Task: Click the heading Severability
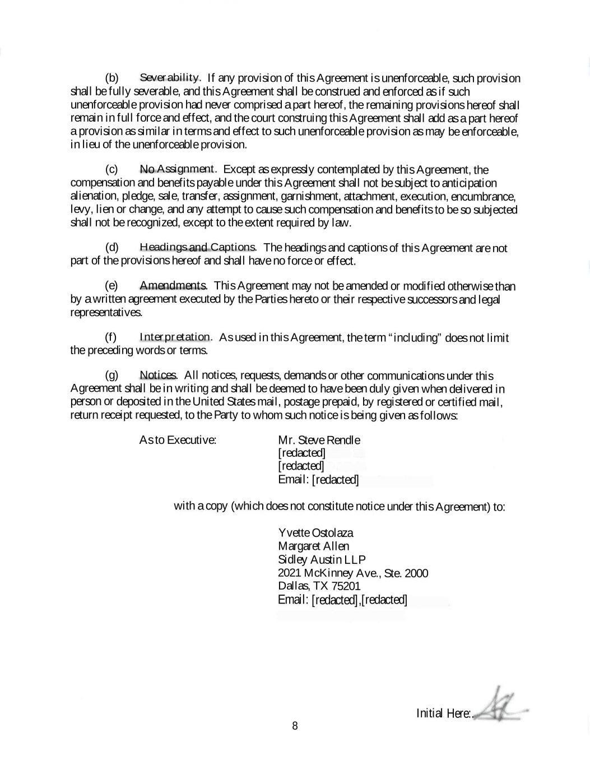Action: pos(170,77)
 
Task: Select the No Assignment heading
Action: pos(177,169)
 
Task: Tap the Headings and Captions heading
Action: pos(198,247)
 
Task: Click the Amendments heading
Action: pos(173,286)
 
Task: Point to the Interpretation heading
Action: pos(175,337)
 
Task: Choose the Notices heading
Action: pos(158,375)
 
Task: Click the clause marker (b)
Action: pos(112,77)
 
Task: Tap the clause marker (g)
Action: pos(112,375)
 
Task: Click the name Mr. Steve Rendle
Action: pos(319,440)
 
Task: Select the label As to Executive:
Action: pos(178,440)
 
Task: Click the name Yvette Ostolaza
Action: pos(315,532)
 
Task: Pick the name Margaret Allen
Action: pos(313,546)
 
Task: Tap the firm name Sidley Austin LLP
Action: pos(322,559)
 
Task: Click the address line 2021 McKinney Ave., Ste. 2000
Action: pos(353,573)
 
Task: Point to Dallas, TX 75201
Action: pos(319,586)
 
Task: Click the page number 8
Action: pos(295,726)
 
